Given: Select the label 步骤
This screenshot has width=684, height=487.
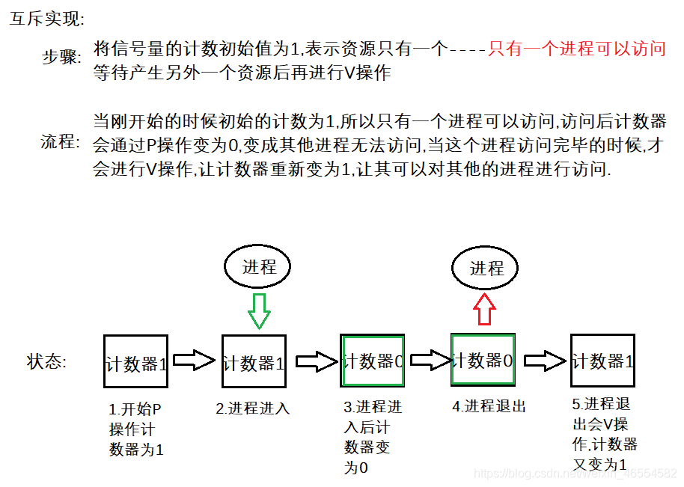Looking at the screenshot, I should tap(61, 58).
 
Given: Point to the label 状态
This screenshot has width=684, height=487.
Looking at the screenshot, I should tap(46, 362).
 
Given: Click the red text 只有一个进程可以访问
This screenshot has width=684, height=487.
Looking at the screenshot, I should tap(576, 49).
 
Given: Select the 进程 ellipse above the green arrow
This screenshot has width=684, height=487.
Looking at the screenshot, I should tap(259, 267).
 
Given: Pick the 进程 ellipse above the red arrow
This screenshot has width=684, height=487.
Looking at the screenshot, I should tap(486, 269).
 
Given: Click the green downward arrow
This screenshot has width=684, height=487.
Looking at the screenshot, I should tap(259, 310).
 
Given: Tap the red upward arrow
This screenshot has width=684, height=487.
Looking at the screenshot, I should tap(484, 307).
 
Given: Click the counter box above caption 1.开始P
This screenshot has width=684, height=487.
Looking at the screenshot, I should tap(135, 361).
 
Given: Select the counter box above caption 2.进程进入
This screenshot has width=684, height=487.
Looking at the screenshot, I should tap(254, 361).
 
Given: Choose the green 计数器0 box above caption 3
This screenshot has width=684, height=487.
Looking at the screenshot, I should tap(373, 360).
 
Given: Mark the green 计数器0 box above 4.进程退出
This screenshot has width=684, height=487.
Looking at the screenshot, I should tap(483, 359).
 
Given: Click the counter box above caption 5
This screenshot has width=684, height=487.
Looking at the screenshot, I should tap(602, 360).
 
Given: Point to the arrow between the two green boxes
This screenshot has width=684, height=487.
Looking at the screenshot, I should tap(429, 361).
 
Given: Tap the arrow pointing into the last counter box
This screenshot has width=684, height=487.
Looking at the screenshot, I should tap(544, 361).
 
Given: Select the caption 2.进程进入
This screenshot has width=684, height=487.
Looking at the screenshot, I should tap(252, 408).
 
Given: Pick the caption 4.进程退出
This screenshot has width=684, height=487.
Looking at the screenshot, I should tap(489, 406).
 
